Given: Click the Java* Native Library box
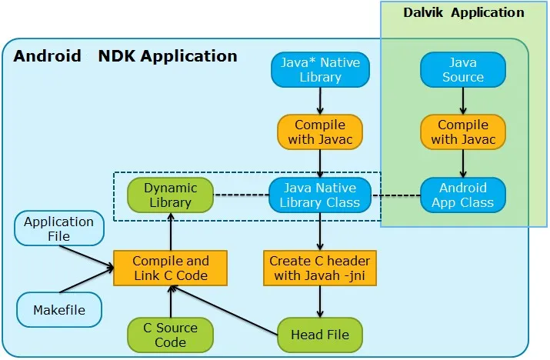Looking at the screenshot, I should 320,69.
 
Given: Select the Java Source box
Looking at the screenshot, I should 462,69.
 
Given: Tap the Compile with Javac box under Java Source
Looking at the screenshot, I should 462,132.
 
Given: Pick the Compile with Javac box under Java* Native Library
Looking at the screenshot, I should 320,132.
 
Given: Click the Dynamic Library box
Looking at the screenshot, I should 170,195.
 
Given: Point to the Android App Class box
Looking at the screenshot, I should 462,195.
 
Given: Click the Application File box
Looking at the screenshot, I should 58,229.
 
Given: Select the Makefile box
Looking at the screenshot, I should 58,310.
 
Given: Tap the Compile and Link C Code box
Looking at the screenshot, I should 170,268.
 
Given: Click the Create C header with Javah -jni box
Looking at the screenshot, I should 320,268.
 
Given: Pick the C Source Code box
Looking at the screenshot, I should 170,335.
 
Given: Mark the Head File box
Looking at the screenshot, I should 320,335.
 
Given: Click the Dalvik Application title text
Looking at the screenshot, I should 463,12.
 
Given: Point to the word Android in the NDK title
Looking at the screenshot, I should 47,56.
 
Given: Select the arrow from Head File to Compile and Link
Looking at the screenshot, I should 223,310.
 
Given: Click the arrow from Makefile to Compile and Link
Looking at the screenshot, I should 86,282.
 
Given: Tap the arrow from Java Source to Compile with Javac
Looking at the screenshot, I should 462,100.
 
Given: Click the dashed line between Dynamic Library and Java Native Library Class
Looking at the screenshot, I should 241,195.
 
